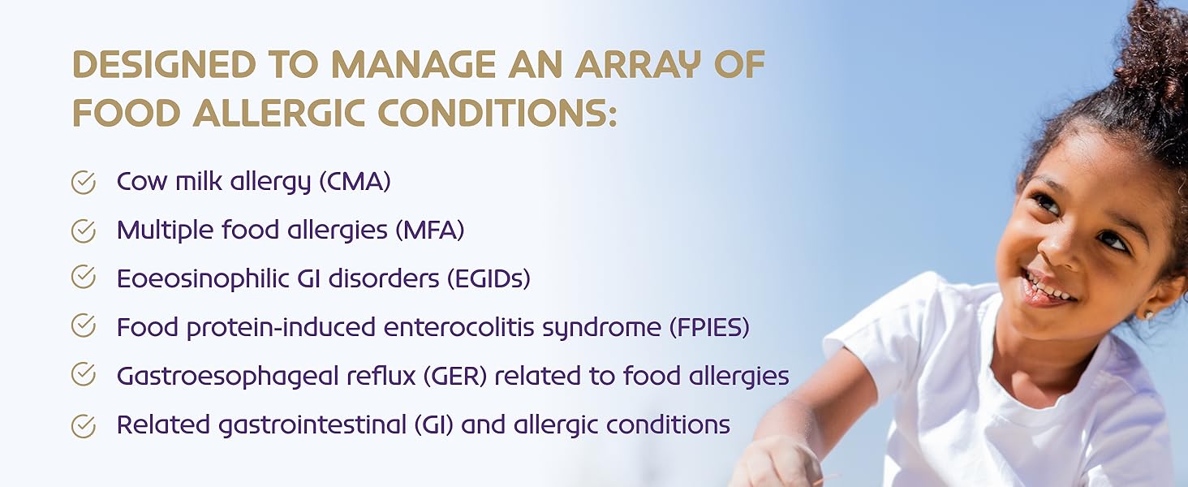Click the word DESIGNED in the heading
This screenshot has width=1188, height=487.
(x=165, y=65)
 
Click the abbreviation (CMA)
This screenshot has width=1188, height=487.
(x=355, y=182)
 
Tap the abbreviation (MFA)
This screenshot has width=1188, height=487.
(x=429, y=231)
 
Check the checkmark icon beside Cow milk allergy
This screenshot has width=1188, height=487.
(x=84, y=183)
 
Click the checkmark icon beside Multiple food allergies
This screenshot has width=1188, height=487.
(x=84, y=231)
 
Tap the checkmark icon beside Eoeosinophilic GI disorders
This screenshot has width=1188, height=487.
(x=84, y=277)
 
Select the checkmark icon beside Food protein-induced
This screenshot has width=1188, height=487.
(x=84, y=325)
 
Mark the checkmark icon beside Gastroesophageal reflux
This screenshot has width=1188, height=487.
(x=84, y=374)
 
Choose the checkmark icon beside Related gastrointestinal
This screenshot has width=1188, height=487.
(x=84, y=425)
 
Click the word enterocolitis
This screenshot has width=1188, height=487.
(x=458, y=327)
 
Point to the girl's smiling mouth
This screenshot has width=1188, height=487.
(x=1045, y=289)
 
